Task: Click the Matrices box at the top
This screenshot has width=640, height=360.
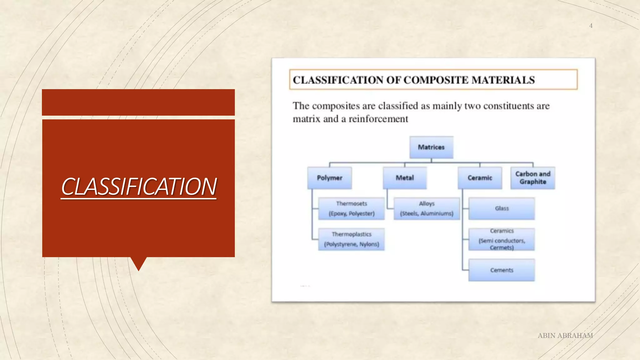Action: pos(431,147)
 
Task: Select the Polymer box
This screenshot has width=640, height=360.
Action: pos(329,178)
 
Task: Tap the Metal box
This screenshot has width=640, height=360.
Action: pos(405,178)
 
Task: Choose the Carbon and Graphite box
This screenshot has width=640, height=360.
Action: pos(533,178)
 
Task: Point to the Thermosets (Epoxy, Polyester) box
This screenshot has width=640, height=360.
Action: pos(351,208)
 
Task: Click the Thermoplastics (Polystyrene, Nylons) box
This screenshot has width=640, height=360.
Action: pos(351,239)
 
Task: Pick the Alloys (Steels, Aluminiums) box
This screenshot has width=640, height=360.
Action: pos(427,208)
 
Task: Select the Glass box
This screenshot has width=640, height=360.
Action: pos(502,208)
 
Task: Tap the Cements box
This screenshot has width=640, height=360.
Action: pos(502,270)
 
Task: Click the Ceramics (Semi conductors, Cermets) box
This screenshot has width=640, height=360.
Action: pos(502,239)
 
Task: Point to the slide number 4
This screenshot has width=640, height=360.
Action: pos(591,26)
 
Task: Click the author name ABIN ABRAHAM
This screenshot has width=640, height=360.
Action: pos(565,336)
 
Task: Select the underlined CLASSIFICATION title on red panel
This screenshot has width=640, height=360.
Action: pos(139,187)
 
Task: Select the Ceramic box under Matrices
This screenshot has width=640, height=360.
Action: pos(480,178)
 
